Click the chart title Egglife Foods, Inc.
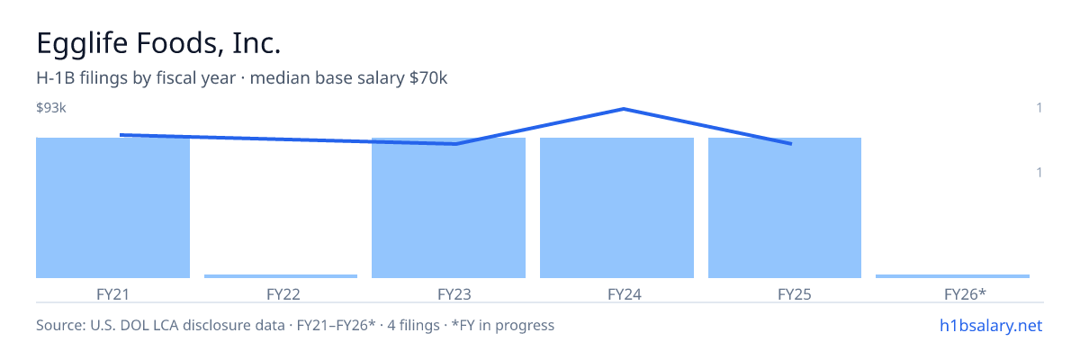point(158,43)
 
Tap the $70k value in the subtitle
point(428,78)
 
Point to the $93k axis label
point(51,107)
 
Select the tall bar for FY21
point(112,208)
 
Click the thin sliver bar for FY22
point(281,276)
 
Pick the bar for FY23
point(448,208)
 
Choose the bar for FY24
point(616,208)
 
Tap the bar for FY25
point(785,208)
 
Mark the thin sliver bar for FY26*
point(952,276)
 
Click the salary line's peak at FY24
point(624,109)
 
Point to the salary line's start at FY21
point(121,135)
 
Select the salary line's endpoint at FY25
point(791,144)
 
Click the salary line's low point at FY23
point(455,144)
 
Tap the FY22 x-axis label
point(283,294)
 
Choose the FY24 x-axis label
point(625,294)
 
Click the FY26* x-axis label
point(965,294)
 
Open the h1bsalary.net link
point(991,326)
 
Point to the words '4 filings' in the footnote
point(413,326)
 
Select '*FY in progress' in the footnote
point(503,326)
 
